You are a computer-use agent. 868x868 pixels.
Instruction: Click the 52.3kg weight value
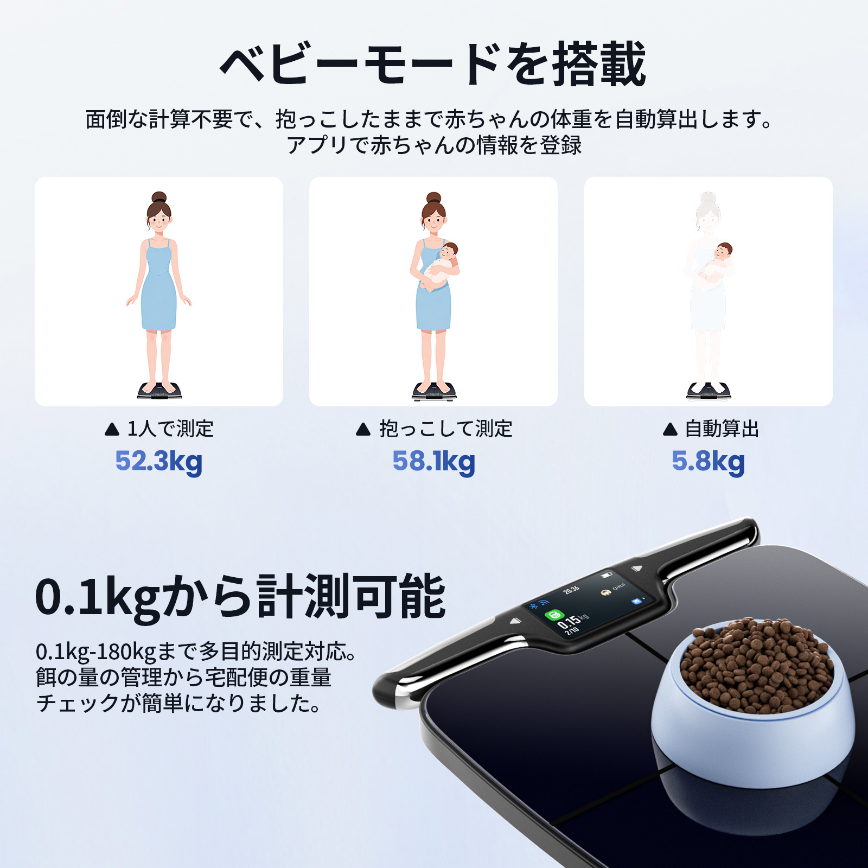(158, 462)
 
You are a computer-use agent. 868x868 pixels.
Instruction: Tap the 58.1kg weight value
(433, 462)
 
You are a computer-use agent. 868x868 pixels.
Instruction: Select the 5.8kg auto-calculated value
(708, 462)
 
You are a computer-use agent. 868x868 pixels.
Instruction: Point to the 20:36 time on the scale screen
(571, 590)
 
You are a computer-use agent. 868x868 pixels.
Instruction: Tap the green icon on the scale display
(553, 615)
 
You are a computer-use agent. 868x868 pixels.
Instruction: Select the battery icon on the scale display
(607, 575)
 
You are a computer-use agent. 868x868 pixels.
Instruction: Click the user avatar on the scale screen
(606, 592)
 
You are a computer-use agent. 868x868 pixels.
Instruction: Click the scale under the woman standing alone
(159, 391)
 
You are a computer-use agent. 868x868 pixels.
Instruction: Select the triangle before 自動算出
(670, 430)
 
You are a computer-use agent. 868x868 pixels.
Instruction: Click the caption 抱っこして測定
(445, 429)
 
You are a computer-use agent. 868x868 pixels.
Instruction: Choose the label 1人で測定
(170, 429)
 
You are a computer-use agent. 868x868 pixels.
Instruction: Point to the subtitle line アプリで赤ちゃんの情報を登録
(433, 145)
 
